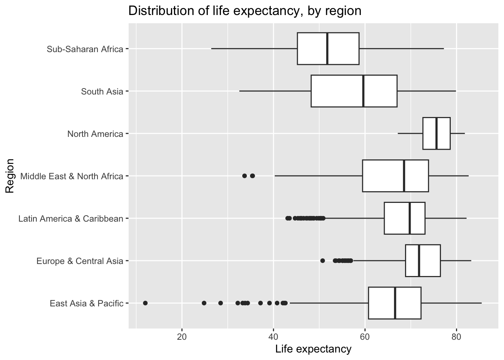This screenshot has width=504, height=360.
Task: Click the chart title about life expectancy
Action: pos(244,11)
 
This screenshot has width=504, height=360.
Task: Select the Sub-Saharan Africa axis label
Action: pos(85,49)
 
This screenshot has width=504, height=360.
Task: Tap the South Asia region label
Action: pos(102,91)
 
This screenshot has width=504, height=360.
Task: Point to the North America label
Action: pos(95,134)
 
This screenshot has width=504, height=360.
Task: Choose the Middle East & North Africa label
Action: pos(72,176)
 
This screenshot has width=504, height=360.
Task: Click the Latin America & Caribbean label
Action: pos(71,219)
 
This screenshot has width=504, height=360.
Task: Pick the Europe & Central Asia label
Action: pos(79,261)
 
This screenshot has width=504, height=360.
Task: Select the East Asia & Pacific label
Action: pos(86,303)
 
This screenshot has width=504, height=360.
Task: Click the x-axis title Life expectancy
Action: pos(313,349)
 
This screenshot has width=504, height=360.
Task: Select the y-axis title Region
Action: pos(10,176)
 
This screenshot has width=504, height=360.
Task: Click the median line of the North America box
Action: pos(436,133)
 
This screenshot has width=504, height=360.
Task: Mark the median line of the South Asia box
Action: pos(363,91)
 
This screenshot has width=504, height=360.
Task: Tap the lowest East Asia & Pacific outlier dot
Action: pos(145,303)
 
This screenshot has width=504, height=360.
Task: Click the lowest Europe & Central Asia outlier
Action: pos(322,261)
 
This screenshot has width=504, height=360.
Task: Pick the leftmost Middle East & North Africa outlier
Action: pos(244,176)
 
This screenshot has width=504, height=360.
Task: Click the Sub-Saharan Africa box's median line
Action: pos(327,49)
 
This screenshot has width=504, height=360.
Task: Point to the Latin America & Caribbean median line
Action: pos(409,218)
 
